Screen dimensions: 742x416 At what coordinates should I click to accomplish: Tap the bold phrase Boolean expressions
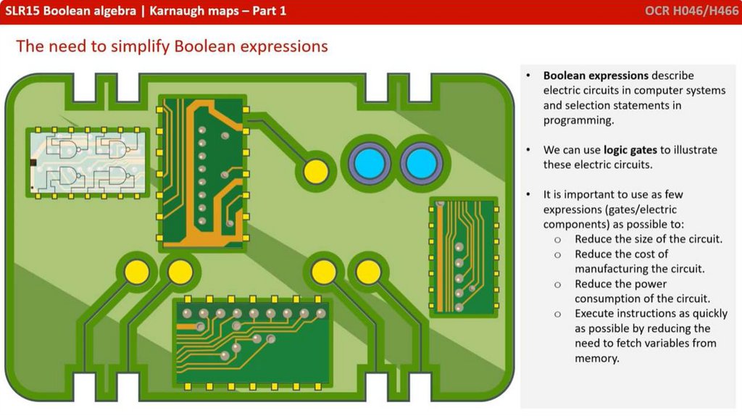596,75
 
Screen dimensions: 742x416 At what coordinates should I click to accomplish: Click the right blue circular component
420,164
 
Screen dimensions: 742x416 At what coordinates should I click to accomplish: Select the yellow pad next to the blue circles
315,171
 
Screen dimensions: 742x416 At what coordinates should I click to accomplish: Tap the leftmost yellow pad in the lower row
136,271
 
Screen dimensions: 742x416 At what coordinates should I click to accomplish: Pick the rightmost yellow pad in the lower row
369,271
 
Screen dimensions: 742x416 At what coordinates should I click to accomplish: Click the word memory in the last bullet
597,358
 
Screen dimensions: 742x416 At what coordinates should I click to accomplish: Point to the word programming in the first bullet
578,120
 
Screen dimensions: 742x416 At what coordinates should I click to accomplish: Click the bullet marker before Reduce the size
557,239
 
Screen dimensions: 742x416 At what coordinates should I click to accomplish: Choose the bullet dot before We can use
529,150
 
